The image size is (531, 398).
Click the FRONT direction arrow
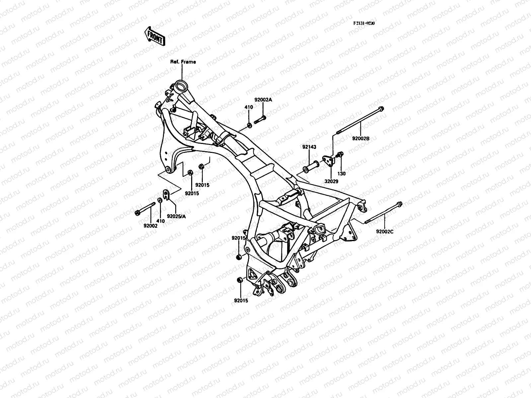[x=154, y=35]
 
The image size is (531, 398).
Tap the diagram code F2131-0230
[x=364, y=24]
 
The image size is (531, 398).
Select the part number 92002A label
[x=263, y=100]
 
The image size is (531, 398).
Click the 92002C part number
[x=385, y=232]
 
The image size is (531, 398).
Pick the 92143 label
[x=309, y=147]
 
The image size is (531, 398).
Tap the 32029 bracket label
[x=332, y=182]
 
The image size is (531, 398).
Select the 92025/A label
[x=176, y=216]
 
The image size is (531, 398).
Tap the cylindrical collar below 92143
[x=311, y=167]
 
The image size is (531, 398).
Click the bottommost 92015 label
[x=241, y=301]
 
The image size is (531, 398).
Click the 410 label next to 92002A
[x=249, y=107]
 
